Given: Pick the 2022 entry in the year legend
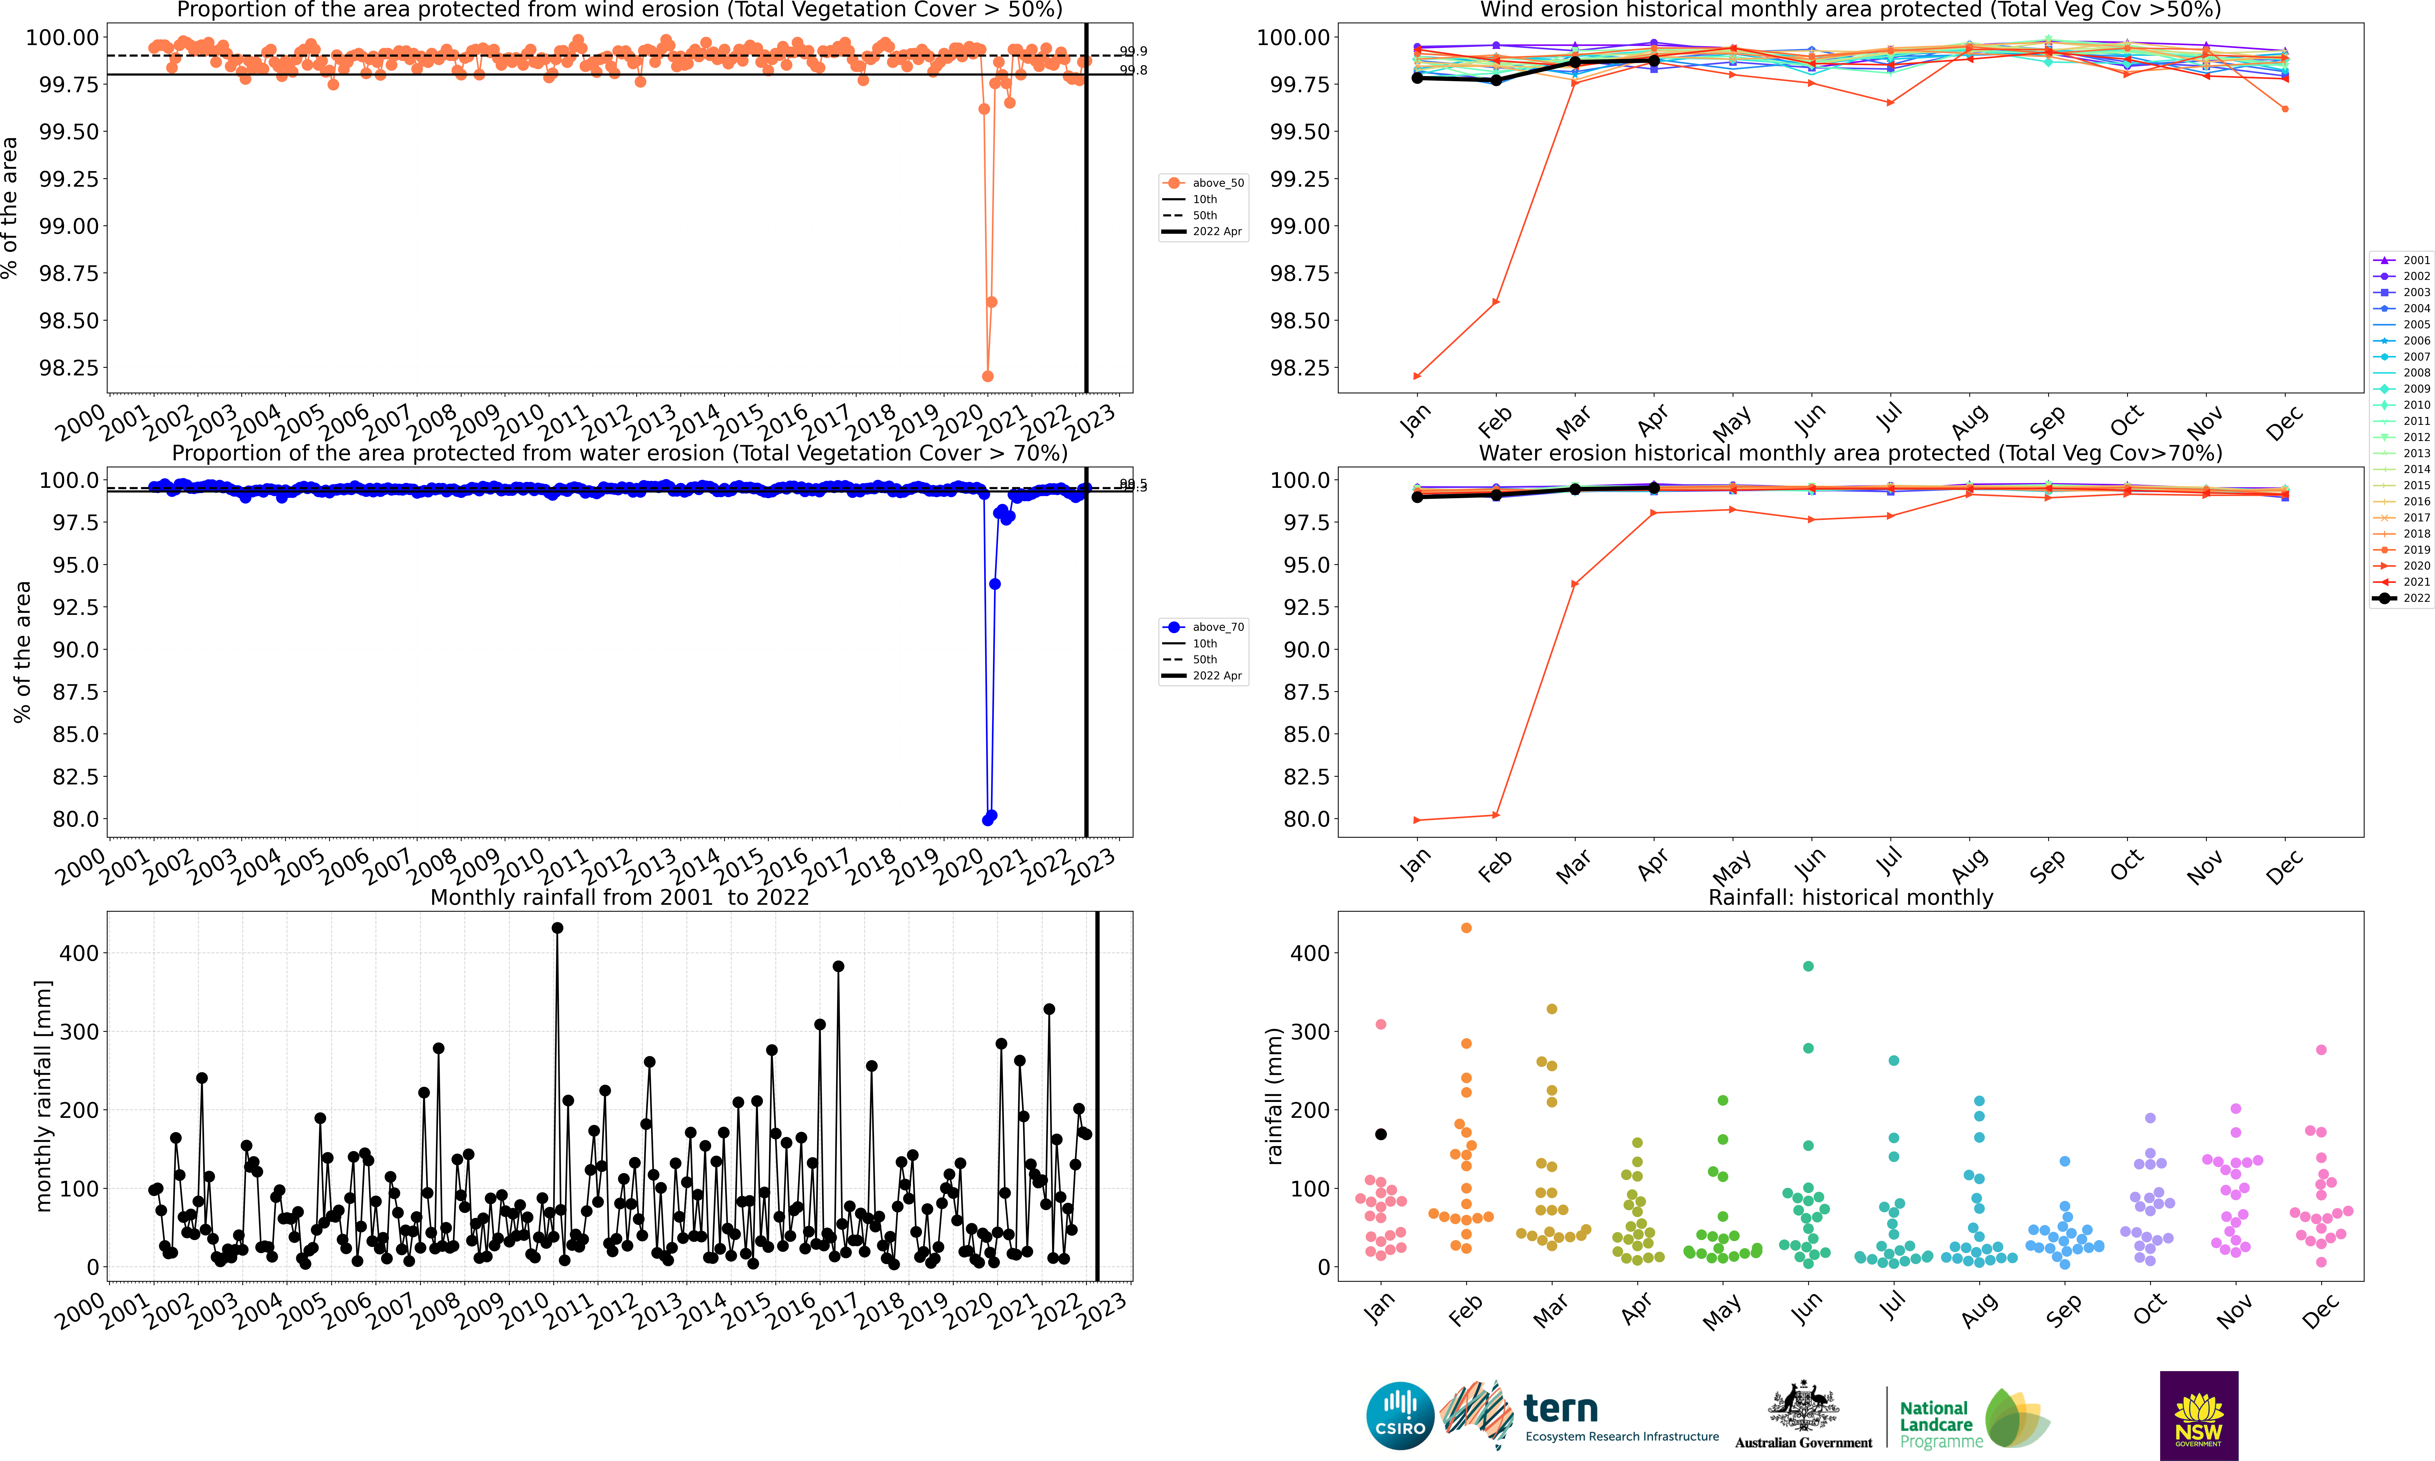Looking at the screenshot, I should [2402, 598].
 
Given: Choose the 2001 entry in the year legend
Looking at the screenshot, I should [2402, 260].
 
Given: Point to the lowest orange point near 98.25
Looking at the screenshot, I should [987, 376].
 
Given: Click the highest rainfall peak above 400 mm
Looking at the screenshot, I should [557, 928].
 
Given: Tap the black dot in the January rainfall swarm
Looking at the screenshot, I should [1380, 1134].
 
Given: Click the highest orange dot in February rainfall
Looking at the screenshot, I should [1466, 928].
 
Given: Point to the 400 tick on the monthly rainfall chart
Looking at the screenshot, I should [79, 953].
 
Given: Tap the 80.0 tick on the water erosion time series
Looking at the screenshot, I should [76, 819].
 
